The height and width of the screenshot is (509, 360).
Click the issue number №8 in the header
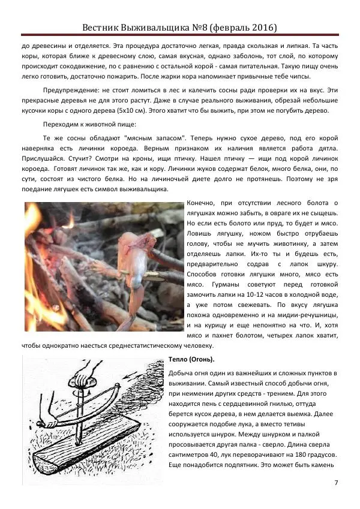(206, 28)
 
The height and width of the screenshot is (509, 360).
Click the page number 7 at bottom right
(336, 483)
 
